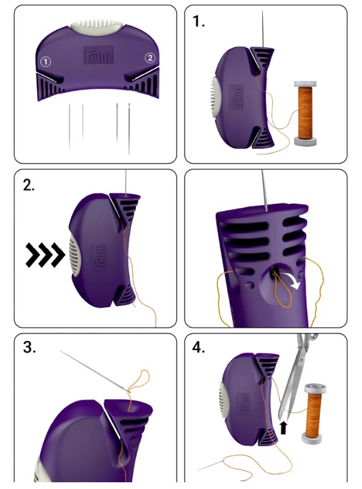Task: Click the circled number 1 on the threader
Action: pos(45,62)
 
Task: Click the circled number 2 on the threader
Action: pos(150,58)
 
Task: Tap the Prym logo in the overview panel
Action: pos(98,55)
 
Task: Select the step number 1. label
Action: pos(198,21)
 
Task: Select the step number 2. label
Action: pos(29,185)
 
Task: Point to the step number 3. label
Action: pos(29,347)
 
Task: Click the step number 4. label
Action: pos(198,347)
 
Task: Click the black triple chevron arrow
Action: pos(45,255)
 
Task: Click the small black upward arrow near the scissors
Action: pos(284,427)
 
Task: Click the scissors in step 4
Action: pos(293,378)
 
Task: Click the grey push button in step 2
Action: pos(74,255)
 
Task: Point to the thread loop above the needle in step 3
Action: pos(140,381)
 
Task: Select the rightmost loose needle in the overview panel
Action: pos(129,129)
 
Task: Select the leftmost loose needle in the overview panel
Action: pos(69,126)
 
